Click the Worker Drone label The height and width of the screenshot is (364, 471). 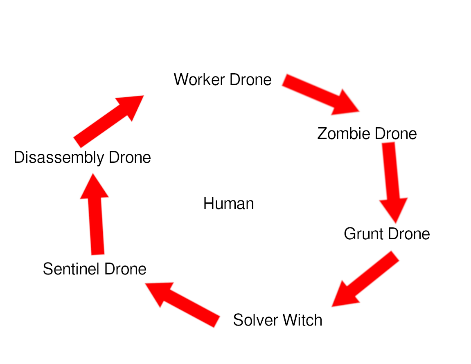223,79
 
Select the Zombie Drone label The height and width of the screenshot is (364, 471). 367,134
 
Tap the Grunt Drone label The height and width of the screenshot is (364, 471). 387,234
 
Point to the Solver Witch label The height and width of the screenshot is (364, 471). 277,320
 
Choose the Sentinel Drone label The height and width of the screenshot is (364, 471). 95,269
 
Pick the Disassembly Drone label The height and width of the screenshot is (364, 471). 82,157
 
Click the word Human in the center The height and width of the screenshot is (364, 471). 228,204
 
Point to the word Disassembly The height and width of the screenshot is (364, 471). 59,158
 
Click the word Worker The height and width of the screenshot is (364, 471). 199,79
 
